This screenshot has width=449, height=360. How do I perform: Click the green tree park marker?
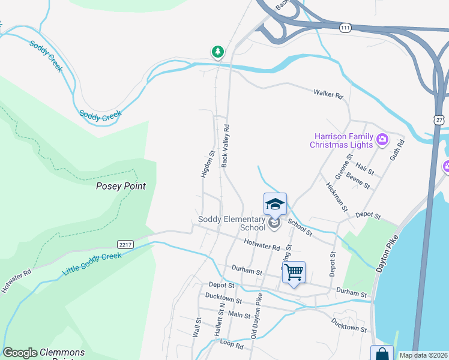217,52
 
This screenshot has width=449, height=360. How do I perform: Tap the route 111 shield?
345,28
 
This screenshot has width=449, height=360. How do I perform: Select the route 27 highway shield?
439,120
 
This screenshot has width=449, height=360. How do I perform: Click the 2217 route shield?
125,244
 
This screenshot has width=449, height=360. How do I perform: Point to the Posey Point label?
121,186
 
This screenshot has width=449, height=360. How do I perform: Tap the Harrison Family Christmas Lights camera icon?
382,141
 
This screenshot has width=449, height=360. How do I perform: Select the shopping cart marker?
294,272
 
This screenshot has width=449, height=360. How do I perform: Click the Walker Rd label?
328,94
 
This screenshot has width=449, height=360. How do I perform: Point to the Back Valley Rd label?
226,146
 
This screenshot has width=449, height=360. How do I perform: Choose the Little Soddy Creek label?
92,265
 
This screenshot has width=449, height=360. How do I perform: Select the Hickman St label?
336,197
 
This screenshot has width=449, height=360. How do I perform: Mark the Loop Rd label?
231,346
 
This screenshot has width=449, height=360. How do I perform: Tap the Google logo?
20,353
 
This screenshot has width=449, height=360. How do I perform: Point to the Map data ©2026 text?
423,355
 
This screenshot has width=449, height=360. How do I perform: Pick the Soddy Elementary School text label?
232,224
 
